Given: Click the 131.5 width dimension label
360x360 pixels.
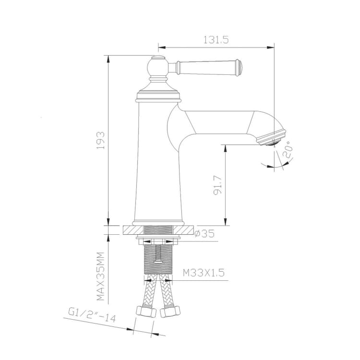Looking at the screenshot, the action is click(x=216, y=40).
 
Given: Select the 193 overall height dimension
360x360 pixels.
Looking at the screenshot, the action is click(x=101, y=140).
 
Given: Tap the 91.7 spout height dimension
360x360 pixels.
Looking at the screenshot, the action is click(x=217, y=185).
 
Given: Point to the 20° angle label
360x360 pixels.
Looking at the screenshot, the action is click(x=288, y=150).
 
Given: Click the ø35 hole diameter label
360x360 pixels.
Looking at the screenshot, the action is click(x=204, y=234).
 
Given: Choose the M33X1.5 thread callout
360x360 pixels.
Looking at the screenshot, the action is click(x=204, y=273).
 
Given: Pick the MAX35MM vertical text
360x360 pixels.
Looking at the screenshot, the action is click(x=100, y=276).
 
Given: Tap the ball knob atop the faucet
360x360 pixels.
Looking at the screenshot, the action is click(x=157, y=66).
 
